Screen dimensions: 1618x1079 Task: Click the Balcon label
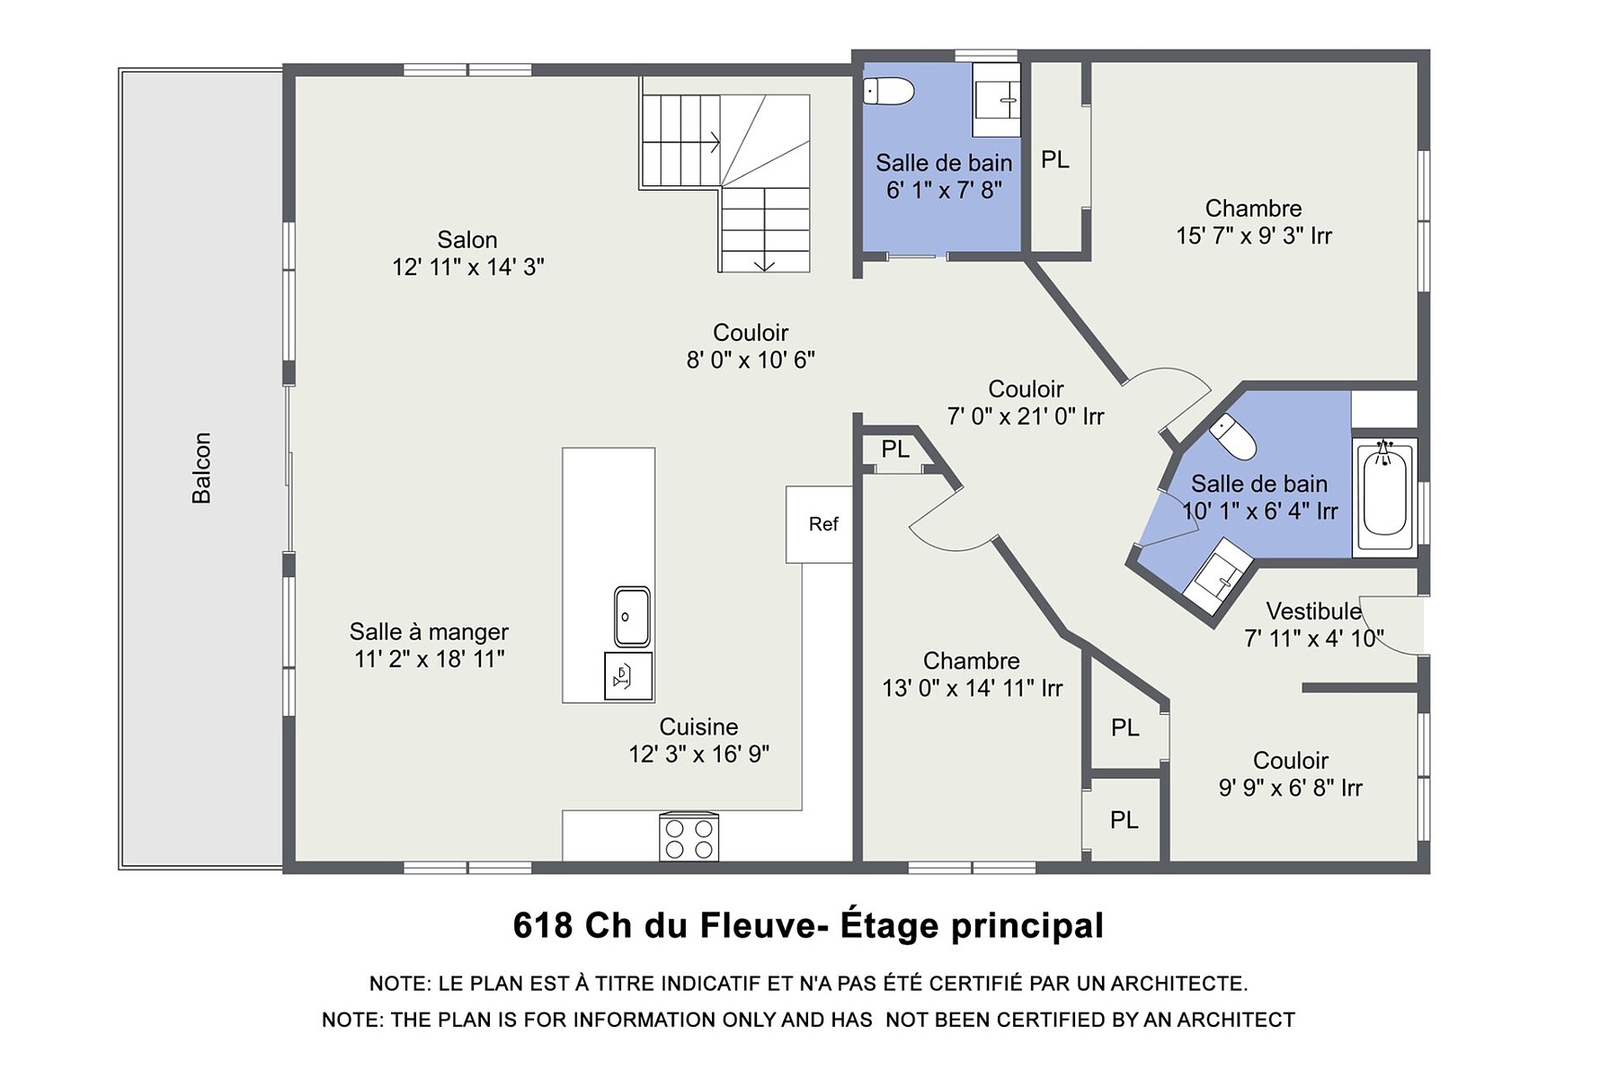(x=201, y=468)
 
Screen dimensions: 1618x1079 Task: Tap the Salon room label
(x=467, y=240)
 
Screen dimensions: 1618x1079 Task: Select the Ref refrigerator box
(x=819, y=524)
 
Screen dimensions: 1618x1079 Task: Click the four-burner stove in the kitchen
(x=689, y=837)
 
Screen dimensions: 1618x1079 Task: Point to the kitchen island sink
(x=632, y=617)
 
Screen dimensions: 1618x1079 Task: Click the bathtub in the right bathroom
(x=1384, y=495)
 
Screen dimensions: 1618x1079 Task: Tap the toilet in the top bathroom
(x=888, y=91)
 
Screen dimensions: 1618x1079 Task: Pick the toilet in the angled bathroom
(x=1232, y=437)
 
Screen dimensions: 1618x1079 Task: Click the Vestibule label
(x=1314, y=611)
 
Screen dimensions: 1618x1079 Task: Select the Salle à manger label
(x=429, y=632)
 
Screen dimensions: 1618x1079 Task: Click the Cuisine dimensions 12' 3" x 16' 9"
(x=698, y=754)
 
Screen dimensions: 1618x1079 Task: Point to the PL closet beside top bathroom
(x=1055, y=160)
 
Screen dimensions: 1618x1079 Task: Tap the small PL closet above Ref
(x=895, y=449)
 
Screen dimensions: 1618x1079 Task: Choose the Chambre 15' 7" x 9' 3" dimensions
(x=1254, y=236)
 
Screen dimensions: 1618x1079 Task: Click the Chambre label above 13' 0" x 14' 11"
(x=972, y=661)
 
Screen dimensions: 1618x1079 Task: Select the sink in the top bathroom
(x=997, y=100)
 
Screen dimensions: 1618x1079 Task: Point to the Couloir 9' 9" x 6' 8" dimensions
(x=1291, y=789)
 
